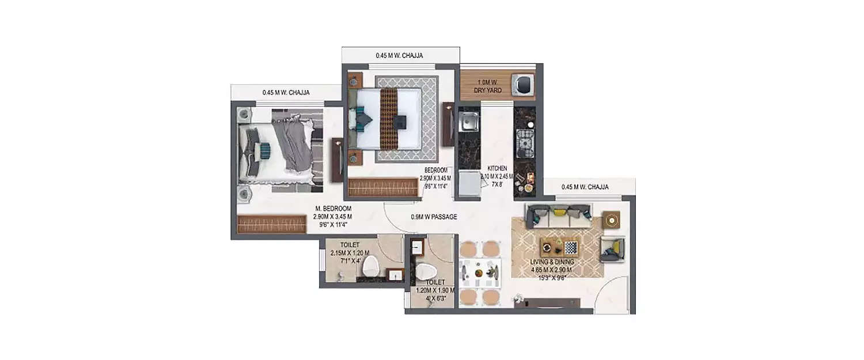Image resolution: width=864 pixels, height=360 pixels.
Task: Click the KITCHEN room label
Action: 496,168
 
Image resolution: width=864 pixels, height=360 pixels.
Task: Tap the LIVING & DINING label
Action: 552,262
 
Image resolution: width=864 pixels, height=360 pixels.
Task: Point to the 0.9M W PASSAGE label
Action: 434,217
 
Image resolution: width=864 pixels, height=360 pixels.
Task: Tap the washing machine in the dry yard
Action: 525,84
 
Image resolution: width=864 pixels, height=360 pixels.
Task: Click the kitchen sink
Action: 468,122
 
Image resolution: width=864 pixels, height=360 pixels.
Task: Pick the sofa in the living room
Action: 557,215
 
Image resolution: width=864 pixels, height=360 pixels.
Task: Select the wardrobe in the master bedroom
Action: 271,223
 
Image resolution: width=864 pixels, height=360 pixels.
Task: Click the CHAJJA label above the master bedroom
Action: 286,92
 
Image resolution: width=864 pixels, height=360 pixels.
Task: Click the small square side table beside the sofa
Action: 611,220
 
